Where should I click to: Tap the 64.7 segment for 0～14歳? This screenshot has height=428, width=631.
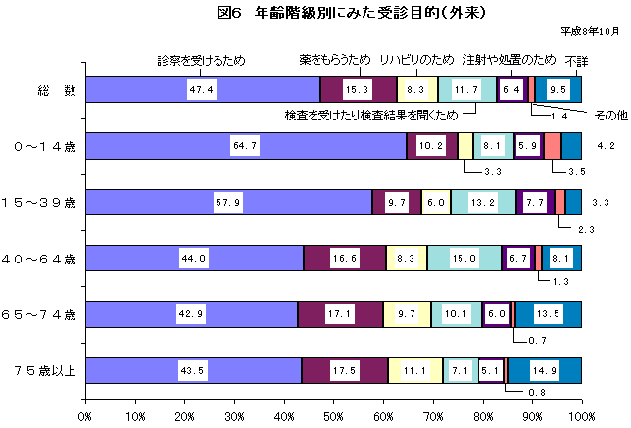[x=244, y=146]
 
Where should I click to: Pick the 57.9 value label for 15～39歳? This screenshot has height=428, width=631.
[x=227, y=203]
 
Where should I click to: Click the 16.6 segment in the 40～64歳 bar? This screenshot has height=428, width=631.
[x=344, y=259]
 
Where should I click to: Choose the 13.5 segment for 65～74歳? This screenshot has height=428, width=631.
[x=550, y=314]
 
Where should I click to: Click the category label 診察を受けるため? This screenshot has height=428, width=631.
[x=202, y=61]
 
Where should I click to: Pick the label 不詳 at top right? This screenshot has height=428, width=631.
[x=576, y=61]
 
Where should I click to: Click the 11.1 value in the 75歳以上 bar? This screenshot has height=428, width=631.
[x=415, y=371]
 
